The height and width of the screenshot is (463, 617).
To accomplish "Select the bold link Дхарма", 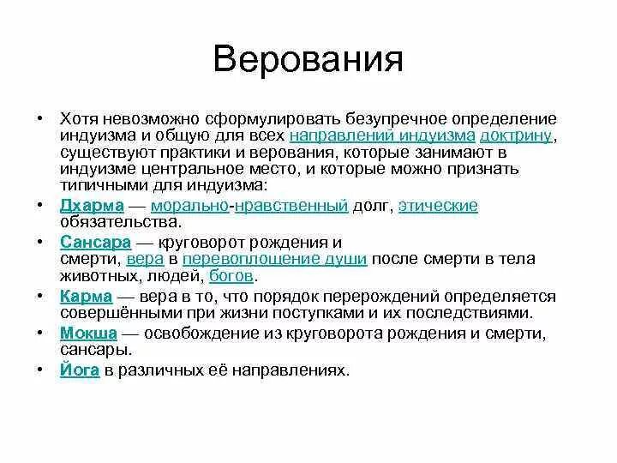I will [93, 206].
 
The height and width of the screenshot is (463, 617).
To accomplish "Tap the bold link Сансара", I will [94, 242].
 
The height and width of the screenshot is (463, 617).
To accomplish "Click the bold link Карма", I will [86, 296].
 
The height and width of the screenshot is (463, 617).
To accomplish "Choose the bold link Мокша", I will [88, 332].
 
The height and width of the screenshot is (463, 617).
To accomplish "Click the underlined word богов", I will [231, 276].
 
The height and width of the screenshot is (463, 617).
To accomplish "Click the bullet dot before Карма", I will [40, 296].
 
